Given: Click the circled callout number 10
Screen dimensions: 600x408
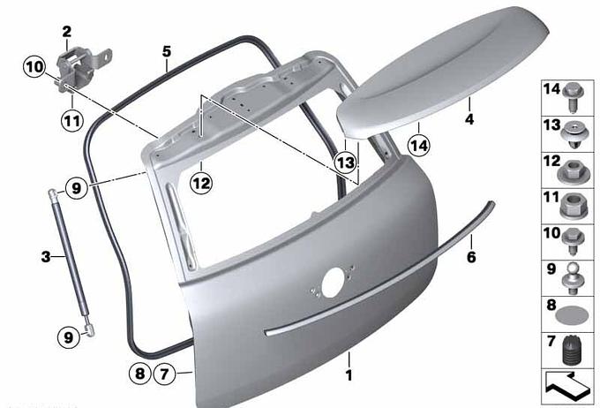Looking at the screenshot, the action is [34, 67].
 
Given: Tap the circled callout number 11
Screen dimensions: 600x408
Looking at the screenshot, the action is [72, 121].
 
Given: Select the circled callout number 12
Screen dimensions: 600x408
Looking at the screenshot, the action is [201, 183].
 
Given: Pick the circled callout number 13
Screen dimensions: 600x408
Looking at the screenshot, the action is [345, 162].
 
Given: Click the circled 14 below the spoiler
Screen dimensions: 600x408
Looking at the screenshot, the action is [419, 146].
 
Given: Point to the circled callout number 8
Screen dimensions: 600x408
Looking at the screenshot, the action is [140, 373].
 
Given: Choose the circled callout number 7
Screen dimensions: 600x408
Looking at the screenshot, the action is [164, 374].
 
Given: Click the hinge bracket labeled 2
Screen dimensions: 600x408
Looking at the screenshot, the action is [81, 67].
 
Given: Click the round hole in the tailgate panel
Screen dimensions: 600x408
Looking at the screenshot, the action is [334, 283].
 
